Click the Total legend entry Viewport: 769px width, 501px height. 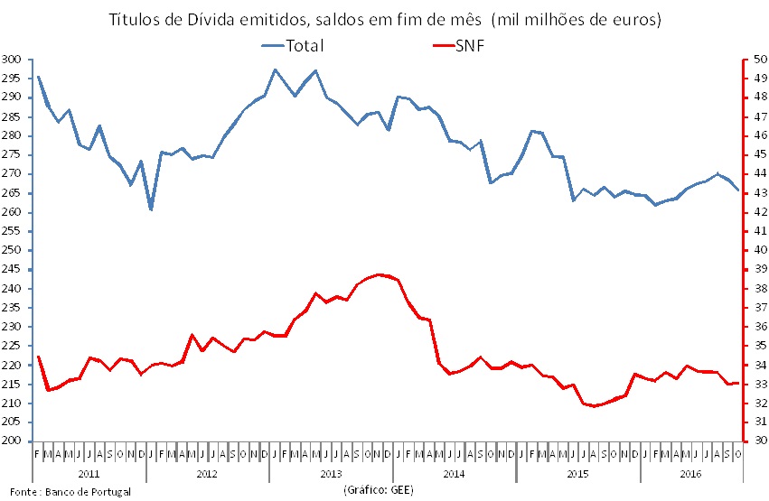[304, 44]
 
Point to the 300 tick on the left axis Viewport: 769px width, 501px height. [12, 60]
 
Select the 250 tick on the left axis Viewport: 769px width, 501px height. [12, 250]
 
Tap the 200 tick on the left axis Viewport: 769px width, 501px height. [12, 441]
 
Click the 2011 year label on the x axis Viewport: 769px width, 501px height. [89, 473]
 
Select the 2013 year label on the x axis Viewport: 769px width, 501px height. [330, 473]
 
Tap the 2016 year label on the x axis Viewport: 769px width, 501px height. [689, 473]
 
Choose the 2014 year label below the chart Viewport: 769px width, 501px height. [454, 473]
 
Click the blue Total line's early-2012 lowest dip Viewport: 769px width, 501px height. [151, 209]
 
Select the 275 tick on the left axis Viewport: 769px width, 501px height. [12, 155]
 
